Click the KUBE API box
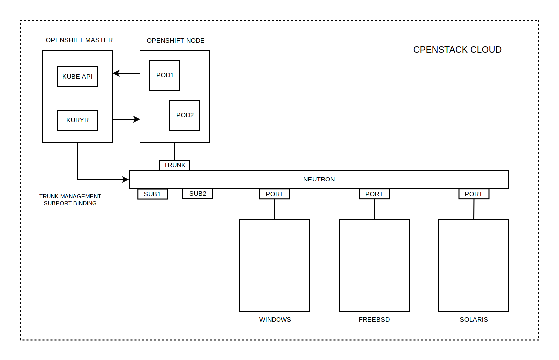77,76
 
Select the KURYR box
77,120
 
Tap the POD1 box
165,75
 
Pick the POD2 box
185,115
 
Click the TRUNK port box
175,165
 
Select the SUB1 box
152,194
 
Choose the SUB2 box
198,194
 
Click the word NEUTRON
319,180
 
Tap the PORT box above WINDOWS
275,194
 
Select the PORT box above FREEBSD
374,194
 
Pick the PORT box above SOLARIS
474,194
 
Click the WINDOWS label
275,320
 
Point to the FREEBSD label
374,320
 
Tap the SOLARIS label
474,320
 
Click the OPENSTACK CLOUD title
457,50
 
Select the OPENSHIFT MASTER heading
79,40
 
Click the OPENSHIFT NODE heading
175,41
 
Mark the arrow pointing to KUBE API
126,73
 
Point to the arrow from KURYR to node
126,119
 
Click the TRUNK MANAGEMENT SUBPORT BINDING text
70,200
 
